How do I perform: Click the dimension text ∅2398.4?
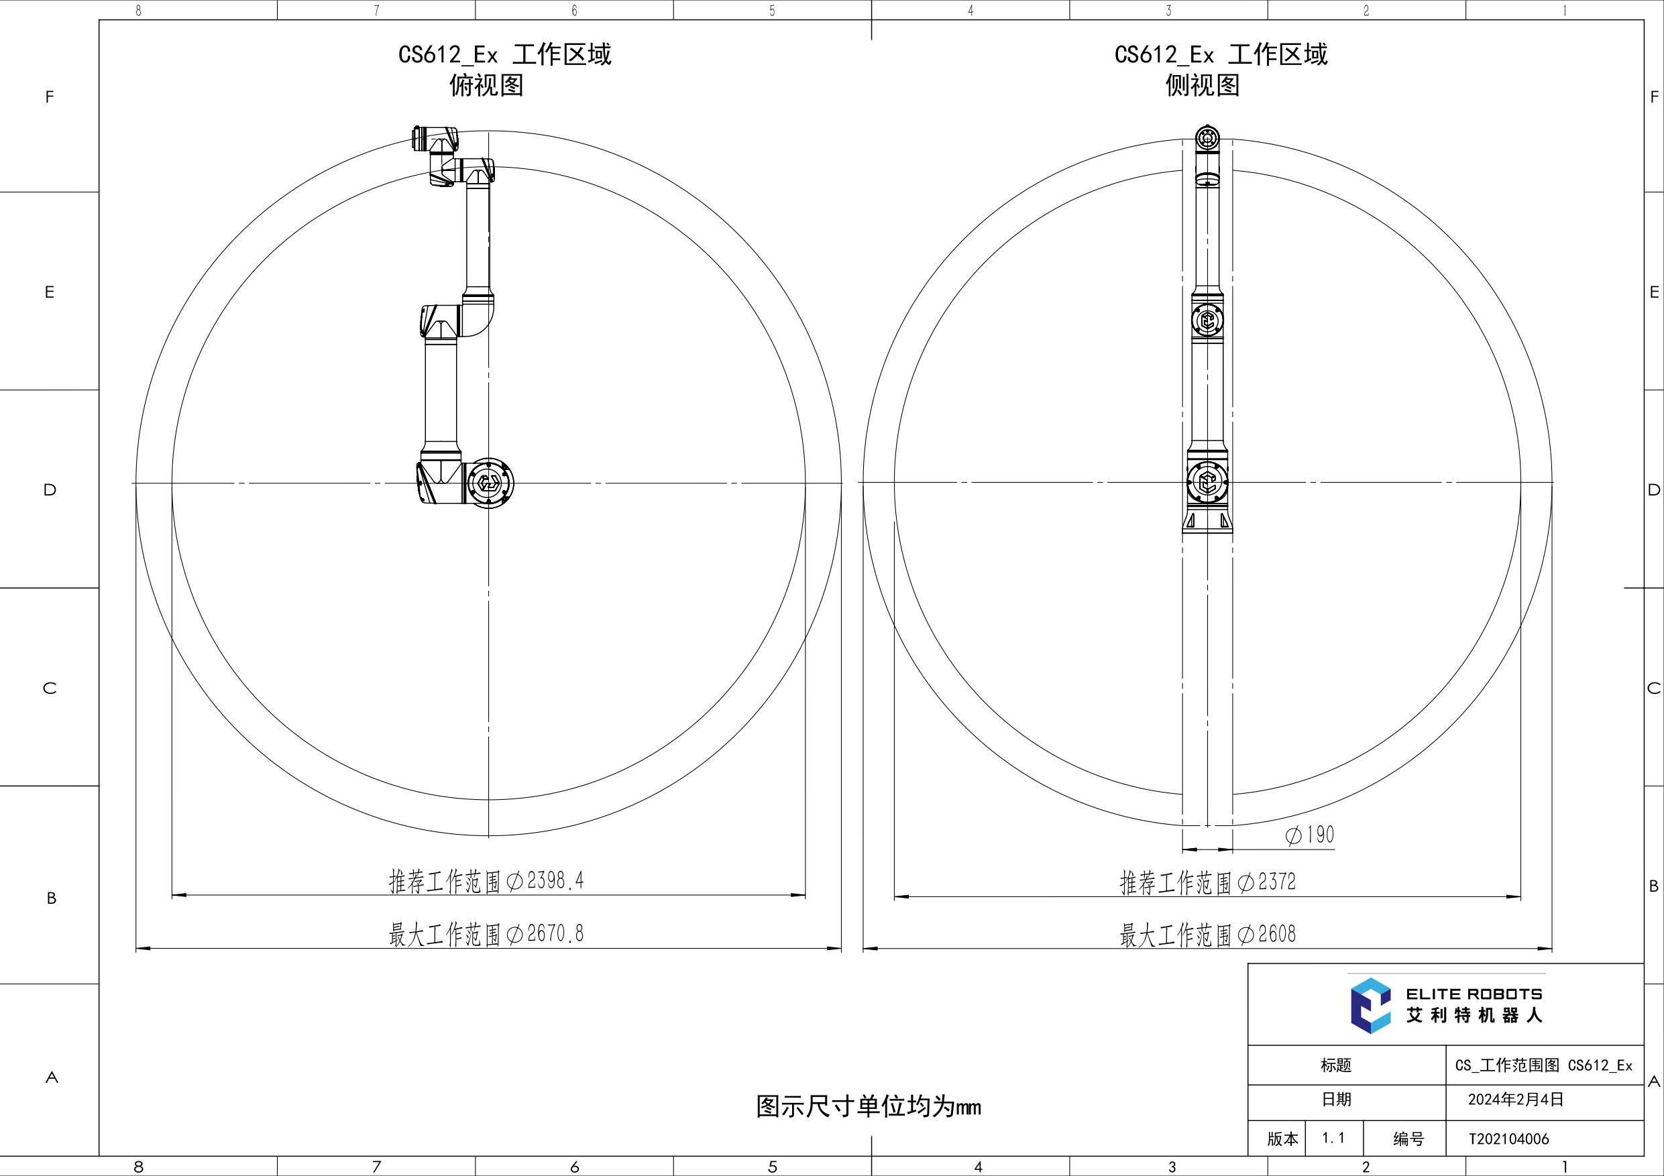[545, 880]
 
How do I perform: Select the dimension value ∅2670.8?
[545, 933]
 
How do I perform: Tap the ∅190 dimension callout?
[1310, 835]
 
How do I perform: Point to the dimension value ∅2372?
[1267, 882]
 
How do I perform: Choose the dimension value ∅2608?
[1267, 934]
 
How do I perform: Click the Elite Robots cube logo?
[1370, 1005]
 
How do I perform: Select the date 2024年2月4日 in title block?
[1515, 1099]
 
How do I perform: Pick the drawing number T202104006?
[1509, 1139]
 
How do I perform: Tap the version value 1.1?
[1333, 1138]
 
